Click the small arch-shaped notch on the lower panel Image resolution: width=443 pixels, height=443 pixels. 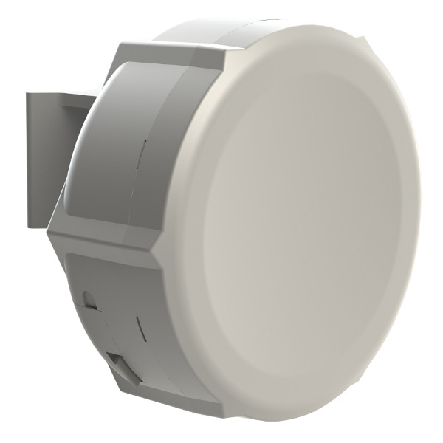point(90,299)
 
